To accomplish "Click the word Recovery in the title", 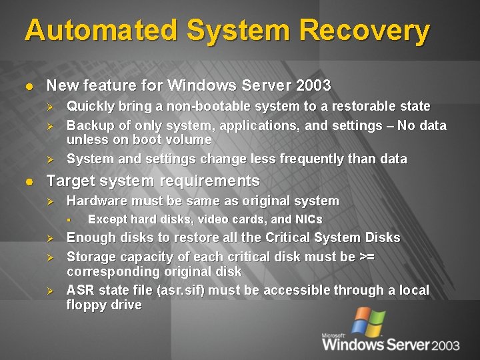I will pyautogui.click(x=365, y=31).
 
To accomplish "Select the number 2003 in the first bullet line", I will pyautogui.click(x=313, y=85).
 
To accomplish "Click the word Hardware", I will pyautogui.click(x=95, y=201).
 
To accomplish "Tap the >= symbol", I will pyautogui.click(x=367, y=257).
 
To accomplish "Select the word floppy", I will pyautogui.click(x=85, y=305).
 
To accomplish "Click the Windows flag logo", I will pyautogui.click(x=368, y=321).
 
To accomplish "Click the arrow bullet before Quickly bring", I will pyautogui.click(x=49, y=106).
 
